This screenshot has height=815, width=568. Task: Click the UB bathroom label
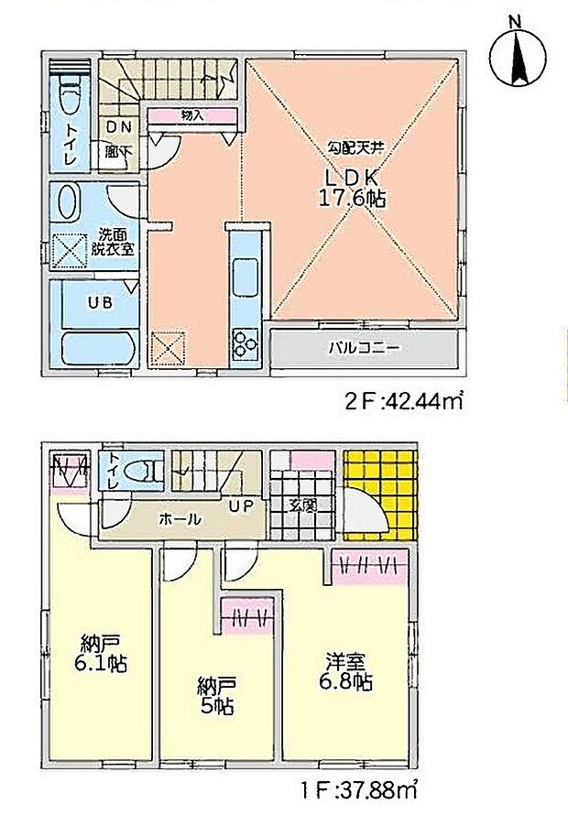pos(100,302)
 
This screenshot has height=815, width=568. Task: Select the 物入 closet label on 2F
pos(191,115)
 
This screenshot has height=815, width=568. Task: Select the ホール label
pos(180,518)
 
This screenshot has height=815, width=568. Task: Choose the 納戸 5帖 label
pos(217,695)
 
